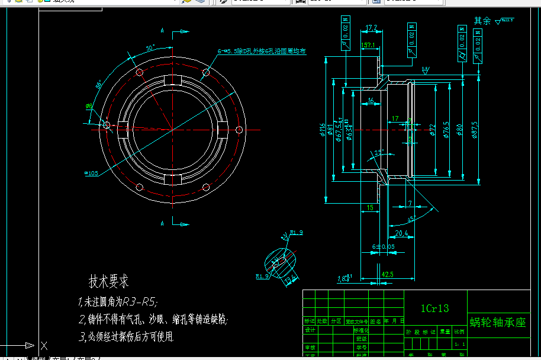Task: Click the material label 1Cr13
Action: click(435, 308)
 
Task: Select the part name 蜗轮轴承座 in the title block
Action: click(498, 322)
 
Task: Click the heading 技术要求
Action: click(109, 281)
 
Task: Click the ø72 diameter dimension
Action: click(432, 130)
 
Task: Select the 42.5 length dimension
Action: click(388, 275)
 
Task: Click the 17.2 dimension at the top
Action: click(372, 28)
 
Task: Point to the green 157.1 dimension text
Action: click(368, 45)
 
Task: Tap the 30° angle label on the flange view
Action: click(150, 47)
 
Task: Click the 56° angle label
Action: click(99, 84)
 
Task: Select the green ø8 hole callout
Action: click(89, 106)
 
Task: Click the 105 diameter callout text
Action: click(92, 173)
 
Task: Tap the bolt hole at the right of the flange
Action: click(239, 129)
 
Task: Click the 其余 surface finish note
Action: click(482, 21)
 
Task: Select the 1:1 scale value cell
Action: click(459, 343)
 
